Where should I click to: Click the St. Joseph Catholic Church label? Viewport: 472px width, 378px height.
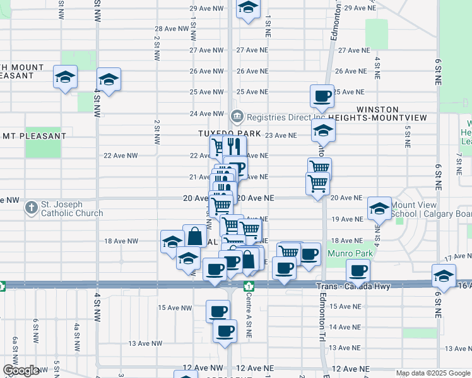[71, 209]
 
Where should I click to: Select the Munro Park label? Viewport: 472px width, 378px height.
[350, 253]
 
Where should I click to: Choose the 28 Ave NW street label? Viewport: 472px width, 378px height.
[172, 28]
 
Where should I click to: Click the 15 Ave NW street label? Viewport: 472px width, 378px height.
[175, 307]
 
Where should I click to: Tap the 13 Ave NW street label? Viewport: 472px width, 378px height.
[146, 343]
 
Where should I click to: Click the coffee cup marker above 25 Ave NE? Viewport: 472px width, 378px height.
[322, 96]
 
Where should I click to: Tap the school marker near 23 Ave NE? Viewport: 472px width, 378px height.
[323, 130]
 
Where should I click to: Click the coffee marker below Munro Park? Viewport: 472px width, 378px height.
[358, 271]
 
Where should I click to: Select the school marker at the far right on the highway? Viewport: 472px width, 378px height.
[444, 275]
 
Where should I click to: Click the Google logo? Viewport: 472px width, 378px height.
[21, 371]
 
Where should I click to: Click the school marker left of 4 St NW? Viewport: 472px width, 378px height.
[65, 77]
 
